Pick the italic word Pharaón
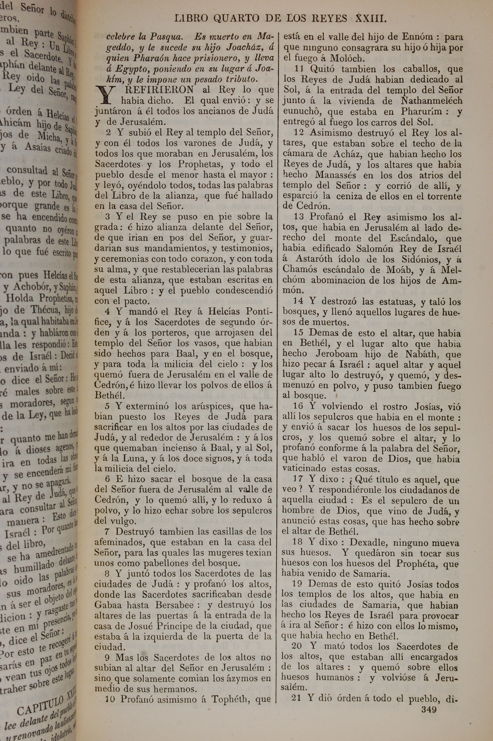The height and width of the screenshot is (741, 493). [153, 58]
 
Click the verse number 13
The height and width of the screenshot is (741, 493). [299, 217]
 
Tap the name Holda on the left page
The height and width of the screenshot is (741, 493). [20, 298]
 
